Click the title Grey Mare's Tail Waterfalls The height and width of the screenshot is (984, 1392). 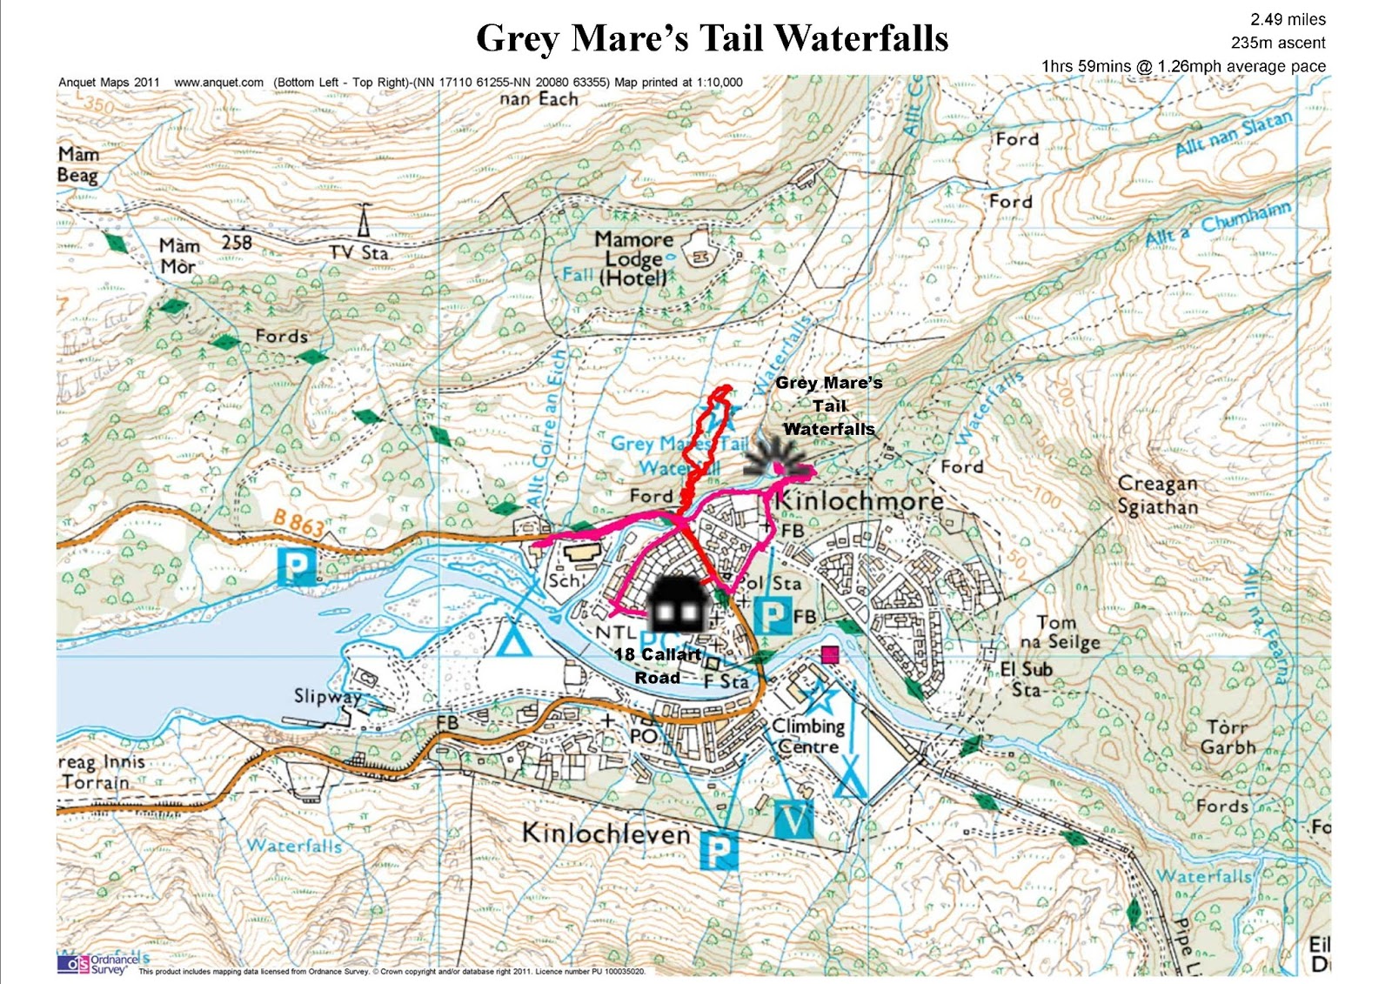coord(712,38)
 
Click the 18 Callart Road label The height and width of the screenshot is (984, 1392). coord(658,666)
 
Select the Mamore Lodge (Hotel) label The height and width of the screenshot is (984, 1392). coord(634,258)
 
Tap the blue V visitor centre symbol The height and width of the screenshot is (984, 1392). coord(794,818)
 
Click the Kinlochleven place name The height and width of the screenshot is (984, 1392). coord(606,833)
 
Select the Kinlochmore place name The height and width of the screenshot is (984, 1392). coord(859,500)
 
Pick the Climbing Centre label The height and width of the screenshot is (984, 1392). coord(809,736)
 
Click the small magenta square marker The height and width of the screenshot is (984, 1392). coord(829,654)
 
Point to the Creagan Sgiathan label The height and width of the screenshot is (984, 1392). coord(1157,495)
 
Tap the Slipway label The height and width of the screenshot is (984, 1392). coord(327,696)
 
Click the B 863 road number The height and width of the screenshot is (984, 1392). coord(298,522)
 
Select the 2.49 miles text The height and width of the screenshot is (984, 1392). coord(1288,19)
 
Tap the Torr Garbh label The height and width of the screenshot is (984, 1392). coord(1227,737)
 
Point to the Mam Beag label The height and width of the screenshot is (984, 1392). coord(78,164)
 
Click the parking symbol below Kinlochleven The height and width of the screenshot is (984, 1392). coord(719,851)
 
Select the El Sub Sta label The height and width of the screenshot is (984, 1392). coord(1027,679)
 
